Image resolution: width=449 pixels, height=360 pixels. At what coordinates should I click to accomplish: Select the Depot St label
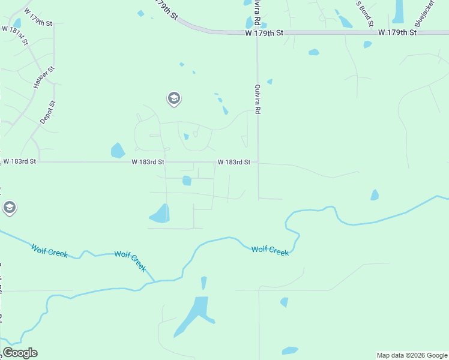(47, 112)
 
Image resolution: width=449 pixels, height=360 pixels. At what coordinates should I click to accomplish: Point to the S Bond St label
(366, 13)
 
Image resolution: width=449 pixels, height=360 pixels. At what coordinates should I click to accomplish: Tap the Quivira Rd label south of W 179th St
(257, 99)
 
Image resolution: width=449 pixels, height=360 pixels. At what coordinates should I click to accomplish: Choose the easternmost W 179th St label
(397, 32)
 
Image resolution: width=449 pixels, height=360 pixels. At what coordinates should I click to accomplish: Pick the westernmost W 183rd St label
(20, 161)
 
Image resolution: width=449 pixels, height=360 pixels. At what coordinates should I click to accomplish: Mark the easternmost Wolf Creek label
(270, 250)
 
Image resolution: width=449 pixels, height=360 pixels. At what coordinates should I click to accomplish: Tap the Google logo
(20, 353)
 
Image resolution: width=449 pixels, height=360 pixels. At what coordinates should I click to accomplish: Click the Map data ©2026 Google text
(412, 355)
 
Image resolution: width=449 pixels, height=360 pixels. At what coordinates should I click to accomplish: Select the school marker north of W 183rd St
(174, 98)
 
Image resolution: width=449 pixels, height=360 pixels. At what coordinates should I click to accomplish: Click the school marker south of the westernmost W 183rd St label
(9, 208)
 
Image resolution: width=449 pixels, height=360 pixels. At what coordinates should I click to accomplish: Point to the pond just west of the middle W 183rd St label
(118, 150)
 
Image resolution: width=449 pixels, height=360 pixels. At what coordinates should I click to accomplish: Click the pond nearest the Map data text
(290, 350)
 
